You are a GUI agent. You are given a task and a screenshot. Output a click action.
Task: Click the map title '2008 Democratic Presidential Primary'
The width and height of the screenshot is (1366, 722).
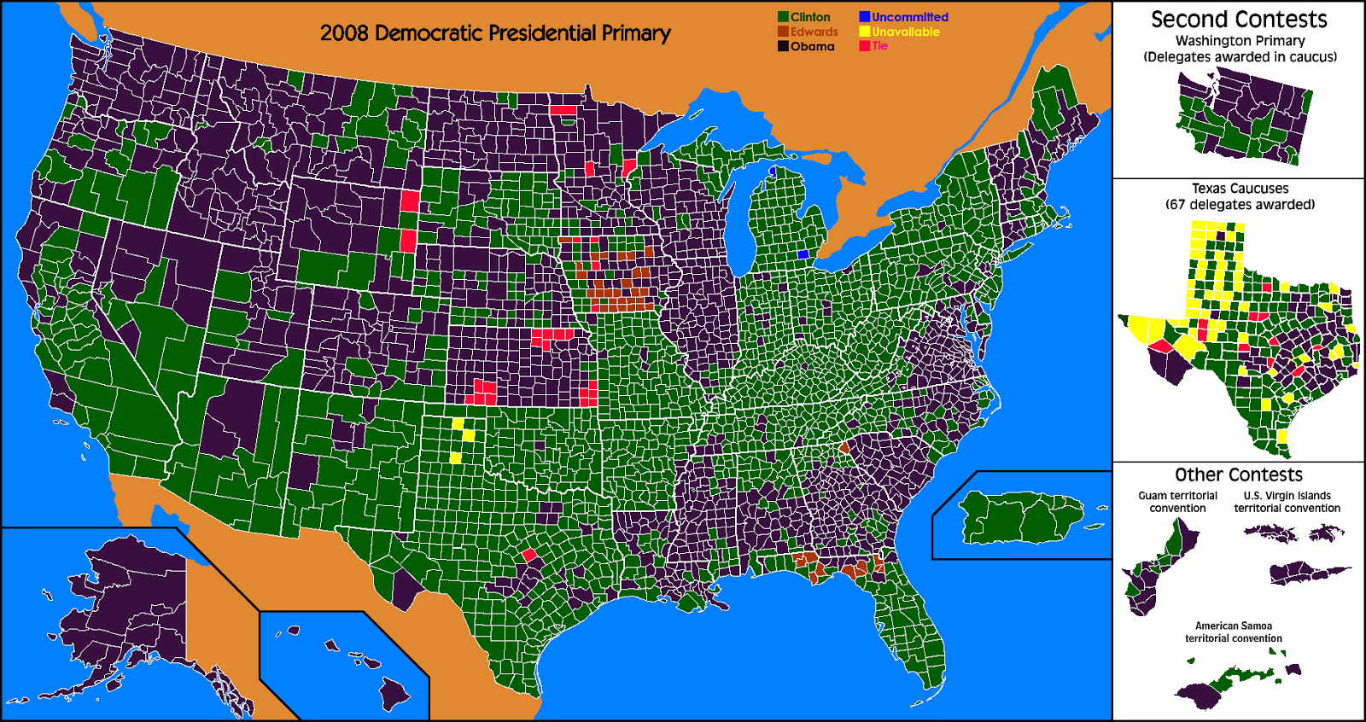coord(495,33)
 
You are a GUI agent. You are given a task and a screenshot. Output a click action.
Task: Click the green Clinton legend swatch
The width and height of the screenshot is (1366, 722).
coord(782,17)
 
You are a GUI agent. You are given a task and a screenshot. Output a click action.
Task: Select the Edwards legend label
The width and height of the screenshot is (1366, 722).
coord(814,32)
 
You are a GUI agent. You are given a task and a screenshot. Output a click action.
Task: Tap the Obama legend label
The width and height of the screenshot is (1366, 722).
coord(812,47)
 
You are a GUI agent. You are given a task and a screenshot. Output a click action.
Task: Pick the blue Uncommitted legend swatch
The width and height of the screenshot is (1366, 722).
coord(864,17)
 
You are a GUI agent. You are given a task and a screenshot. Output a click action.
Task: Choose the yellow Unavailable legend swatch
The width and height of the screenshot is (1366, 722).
coord(864,32)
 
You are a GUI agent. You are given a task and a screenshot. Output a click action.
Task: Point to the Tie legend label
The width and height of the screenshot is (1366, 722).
coord(880,46)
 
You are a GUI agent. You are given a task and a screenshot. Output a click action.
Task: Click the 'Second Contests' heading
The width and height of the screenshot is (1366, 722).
coord(1239,20)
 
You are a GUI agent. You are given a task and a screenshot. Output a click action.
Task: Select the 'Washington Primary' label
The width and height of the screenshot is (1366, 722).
coord(1240,41)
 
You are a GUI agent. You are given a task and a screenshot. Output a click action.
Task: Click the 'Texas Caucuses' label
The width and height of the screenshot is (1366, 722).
coord(1240,189)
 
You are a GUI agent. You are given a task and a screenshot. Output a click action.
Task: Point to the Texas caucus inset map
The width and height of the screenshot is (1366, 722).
coord(1246,341)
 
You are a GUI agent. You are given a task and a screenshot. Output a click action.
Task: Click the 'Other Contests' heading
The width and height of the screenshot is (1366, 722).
coord(1238,475)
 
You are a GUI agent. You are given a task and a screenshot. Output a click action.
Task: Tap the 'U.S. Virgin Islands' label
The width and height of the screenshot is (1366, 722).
coord(1287,496)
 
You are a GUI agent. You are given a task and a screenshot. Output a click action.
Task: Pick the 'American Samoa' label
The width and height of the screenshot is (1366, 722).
coord(1233,626)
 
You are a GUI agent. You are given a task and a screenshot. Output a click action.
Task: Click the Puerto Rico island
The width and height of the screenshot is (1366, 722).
coord(1020,517)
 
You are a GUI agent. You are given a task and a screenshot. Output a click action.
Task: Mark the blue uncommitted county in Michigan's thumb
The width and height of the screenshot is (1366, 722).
coord(803,254)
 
